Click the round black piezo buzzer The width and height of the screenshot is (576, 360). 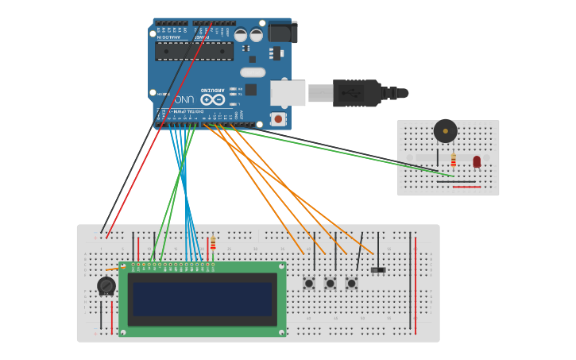point(445,130)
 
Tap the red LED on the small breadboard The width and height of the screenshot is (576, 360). point(477,161)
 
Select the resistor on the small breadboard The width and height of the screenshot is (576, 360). point(454,160)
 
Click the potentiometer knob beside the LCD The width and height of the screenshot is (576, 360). point(106,285)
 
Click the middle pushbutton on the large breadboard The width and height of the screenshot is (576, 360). point(331,283)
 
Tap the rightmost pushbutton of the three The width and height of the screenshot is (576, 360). point(351,283)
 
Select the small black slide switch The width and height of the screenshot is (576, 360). point(378,270)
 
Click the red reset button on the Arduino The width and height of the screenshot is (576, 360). point(277,118)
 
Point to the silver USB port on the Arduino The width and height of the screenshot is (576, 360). point(288,93)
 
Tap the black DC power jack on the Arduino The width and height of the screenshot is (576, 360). point(282,32)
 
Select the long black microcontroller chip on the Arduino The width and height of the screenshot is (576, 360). point(194,52)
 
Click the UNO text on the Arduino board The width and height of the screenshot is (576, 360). point(184,99)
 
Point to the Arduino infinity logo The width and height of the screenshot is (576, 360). point(212,99)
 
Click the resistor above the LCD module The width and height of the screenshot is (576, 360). point(213,242)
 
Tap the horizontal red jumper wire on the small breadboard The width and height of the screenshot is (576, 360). point(466,187)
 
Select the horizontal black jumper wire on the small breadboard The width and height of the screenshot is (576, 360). point(456,181)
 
